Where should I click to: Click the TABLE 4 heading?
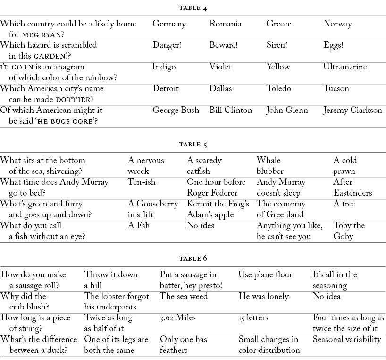click(x=193, y=8)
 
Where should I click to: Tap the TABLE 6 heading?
click(x=193, y=258)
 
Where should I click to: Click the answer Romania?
click(x=226, y=24)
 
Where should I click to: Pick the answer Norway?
click(x=337, y=24)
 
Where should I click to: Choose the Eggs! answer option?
click(x=334, y=45)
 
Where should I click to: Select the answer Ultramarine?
click(x=345, y=67)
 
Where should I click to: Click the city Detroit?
click(x=166, y=89)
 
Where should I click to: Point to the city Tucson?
click(x=336, y=89)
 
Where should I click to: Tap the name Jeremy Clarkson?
click(x=352, y=111)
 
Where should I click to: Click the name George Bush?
click(x=176, y=111)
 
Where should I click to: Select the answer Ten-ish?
click(x=142, y=182)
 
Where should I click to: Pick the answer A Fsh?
click(x=139, y=225)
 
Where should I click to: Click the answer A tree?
click(x=344, y=204)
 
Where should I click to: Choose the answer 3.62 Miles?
click(x=177, y=318)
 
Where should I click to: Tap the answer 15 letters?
click(x=253, y=318)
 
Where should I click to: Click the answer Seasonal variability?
click(x=347, y=339)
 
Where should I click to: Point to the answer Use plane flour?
click(x=265, y=274)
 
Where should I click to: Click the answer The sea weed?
click(x=184, y=296)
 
